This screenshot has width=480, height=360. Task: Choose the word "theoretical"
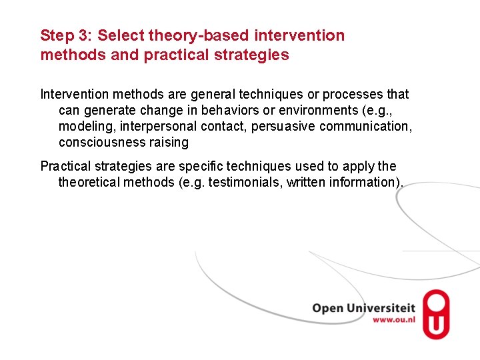pyautogui.click(x=89, y=182)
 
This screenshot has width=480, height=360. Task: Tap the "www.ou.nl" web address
pyautogui.click(x=393, y=320)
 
